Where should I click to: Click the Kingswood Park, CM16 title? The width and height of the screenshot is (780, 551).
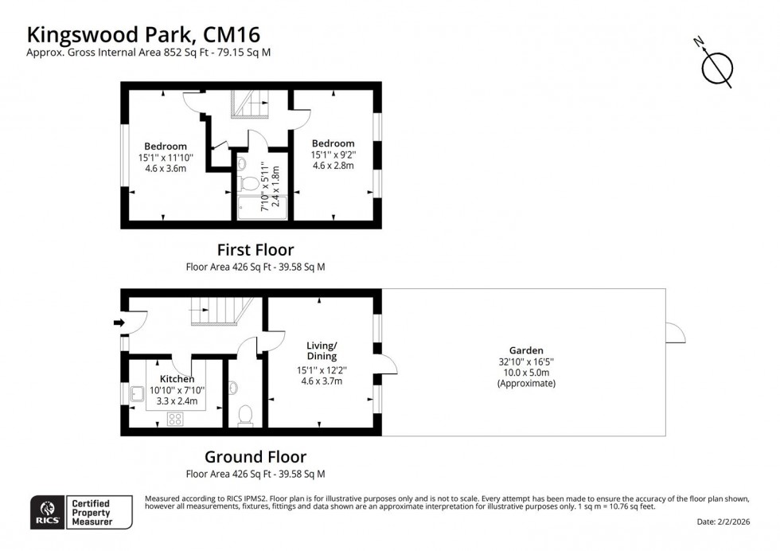143,34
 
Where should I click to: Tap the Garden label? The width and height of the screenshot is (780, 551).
526,350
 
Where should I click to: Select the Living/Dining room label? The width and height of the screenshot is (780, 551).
322,351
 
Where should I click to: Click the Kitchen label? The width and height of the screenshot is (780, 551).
177,379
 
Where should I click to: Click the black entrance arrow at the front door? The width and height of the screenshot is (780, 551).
119,322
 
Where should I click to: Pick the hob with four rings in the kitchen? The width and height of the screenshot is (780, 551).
176,420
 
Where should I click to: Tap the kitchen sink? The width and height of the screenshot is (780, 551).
138,392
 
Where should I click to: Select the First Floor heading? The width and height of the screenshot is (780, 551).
255,249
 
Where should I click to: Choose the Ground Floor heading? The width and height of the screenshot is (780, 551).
255,456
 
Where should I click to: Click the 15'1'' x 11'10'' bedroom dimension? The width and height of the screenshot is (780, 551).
166,157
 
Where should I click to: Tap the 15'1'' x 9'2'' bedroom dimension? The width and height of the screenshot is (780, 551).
333,154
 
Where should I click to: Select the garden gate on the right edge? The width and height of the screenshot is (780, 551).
676,334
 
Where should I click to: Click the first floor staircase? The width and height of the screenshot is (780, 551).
250,103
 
